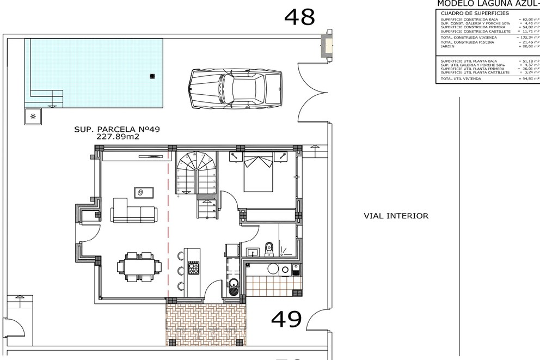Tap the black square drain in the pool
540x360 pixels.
(152, 76)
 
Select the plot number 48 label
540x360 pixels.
(299, 17)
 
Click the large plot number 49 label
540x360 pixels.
(286, 319)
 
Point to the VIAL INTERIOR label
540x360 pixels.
(396, 216)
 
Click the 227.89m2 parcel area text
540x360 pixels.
(118, 137)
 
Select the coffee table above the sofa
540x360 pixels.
(144, 192)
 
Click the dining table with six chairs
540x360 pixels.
(139, 267)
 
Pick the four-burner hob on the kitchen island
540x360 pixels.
(194, 268)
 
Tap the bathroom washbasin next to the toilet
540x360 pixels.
(252, 252)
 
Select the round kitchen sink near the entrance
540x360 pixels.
(234, 283)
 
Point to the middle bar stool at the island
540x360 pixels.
(180, 271)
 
